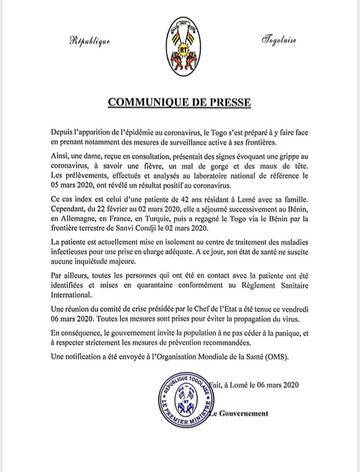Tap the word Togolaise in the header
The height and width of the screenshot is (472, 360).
pos(279,39)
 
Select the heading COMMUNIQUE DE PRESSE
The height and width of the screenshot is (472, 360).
pos(179,103)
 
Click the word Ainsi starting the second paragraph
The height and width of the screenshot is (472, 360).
pos(60,153)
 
